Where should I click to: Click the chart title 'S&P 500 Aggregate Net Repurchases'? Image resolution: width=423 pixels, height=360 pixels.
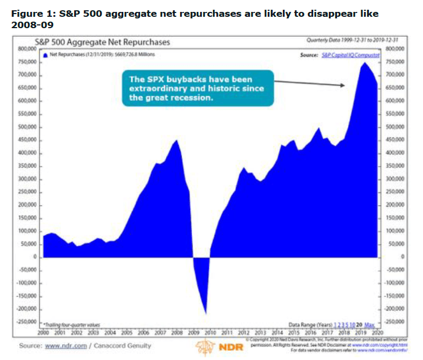[x=102, y=41]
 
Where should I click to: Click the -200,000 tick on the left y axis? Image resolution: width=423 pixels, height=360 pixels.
[x=26, y=309]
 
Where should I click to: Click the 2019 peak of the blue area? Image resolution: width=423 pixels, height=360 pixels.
[x=365, y=63]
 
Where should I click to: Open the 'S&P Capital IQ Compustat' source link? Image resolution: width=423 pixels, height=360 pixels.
[x=351, y=55]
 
